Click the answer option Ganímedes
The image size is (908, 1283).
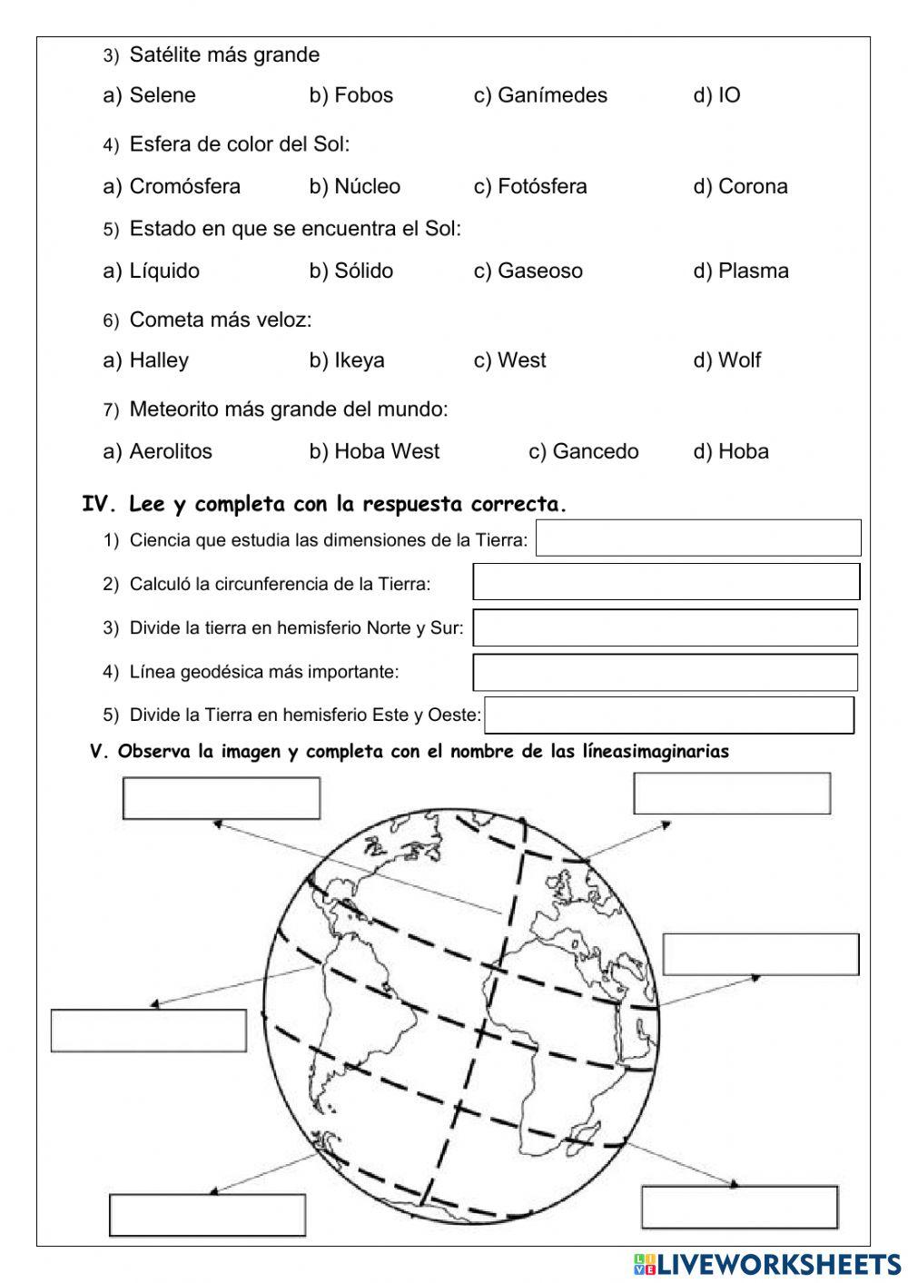point(540,95)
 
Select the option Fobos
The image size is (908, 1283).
point(351,95)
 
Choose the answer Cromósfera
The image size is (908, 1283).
point(172,186)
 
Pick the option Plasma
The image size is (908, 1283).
point(741,271)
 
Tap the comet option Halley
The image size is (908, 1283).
point(146,360)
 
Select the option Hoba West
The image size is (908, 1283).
point(374,451)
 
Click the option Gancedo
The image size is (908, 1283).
point(584,451)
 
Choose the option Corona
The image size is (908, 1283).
point(741,186)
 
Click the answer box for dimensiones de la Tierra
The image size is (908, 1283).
point(698,538)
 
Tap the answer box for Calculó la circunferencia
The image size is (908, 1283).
point(666,581)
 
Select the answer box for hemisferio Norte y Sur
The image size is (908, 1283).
point(666,627)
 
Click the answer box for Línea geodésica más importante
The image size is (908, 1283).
point(666,672)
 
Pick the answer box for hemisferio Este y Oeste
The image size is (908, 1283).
point(669,715)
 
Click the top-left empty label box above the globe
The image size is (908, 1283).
point(222,798)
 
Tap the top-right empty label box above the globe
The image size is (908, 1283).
point(732,794)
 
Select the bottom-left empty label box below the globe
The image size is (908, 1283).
point(207,1215)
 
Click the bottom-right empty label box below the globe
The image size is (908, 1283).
point(739,1207)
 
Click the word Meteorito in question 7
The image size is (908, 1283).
point(170,410)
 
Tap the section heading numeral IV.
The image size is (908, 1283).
point(94,505)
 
